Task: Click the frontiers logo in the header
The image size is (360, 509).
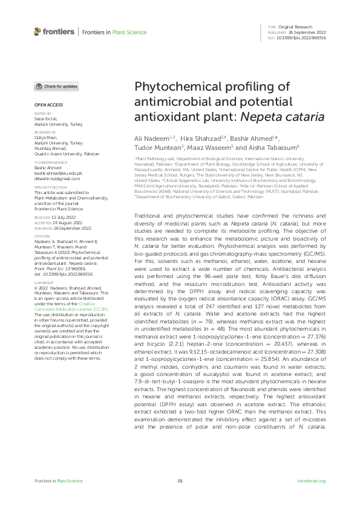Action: (x=54, y=31)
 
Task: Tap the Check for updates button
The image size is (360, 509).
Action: (x=56, y=87)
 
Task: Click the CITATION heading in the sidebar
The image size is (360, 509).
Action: (x=41, y=235)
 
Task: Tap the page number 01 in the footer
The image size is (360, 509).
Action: (x=180, y=481)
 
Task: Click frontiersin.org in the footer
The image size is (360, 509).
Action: (x=312, y=481)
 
